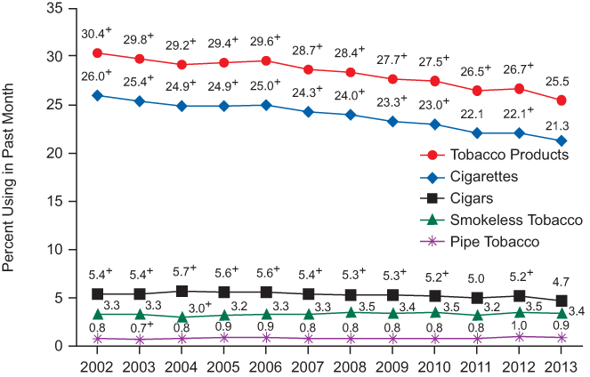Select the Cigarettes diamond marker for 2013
[562, 140]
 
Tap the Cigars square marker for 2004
[182, 291]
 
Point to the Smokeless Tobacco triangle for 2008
[351, 312]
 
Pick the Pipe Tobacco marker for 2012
[520, 336]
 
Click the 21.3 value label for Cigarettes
[560, 124]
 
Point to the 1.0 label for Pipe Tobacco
[519, 325]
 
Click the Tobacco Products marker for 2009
[393, 79]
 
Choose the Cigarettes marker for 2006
[266, 105]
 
